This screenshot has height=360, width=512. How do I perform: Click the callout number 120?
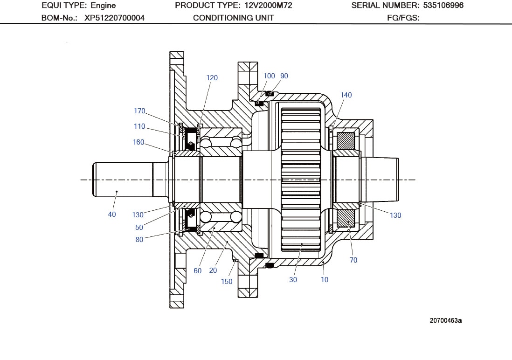point(212,78)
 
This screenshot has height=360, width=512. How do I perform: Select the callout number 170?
point(139,111)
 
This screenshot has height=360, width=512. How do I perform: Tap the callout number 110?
point(139,126)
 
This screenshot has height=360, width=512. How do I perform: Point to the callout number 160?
point(138,142)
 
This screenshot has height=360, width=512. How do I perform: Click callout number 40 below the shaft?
point(112,215)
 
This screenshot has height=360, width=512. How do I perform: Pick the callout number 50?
point(139,228)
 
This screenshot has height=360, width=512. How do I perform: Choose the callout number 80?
point(139,240)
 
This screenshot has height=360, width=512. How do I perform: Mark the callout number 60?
point(198,271)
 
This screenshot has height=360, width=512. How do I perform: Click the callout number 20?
point(213,271)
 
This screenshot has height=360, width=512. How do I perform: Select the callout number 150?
point(227,282)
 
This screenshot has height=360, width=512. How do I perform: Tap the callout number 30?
point(293,280)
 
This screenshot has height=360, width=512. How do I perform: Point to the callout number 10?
point(325,280)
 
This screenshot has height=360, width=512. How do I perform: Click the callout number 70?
point(353,260)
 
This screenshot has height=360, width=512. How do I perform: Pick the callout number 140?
point(346,95)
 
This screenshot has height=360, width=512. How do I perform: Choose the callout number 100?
point(269,76)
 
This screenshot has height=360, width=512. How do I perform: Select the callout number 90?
point(284,76)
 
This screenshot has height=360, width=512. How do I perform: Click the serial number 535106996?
point(443,6)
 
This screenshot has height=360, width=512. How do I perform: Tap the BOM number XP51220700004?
point(114,18)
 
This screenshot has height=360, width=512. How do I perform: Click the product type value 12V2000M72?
point(268,6)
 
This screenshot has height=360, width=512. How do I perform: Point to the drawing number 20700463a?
point(446,320)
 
